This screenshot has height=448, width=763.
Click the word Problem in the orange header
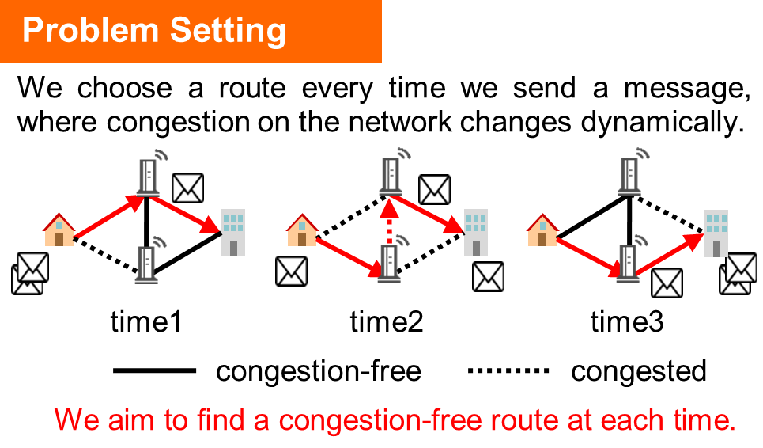tap(90, 30)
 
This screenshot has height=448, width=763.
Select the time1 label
tap(146, 321)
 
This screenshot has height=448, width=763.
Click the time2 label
tap(387, 321)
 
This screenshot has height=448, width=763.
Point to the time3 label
tap(627, 321)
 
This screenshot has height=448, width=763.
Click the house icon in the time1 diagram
tap(59, 230)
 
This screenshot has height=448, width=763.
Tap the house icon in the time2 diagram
tap(302, 230)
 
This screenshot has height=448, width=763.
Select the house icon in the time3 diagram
tap(542, 230)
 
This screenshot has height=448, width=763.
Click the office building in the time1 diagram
tap(233, 233)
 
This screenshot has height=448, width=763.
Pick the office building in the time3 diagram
tap(716, 233)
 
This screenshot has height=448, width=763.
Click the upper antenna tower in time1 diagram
tap(149, 175)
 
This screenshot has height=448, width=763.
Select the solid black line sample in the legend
tap(154, 370)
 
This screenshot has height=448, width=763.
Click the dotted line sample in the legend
tap(508, 370)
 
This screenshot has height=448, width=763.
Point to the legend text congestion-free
tap(318, 372)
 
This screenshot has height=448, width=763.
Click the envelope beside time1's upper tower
tap(188, 188)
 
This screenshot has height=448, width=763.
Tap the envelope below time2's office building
tap(488, 276)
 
